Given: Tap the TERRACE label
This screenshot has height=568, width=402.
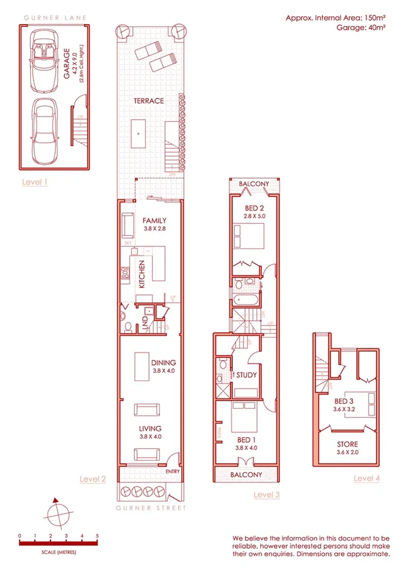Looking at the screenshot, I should pos(148,101).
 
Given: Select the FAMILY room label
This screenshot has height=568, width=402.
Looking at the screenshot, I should pos(154,221).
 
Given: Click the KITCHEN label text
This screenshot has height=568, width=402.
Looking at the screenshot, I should pos(142,275).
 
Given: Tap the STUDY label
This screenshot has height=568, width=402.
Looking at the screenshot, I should pos(246,375).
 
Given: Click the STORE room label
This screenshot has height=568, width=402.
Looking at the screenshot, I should pos(347,444).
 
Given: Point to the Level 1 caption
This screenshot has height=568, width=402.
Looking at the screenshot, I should pos(34,182).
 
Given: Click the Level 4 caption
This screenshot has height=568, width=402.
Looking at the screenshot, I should pos(366,478).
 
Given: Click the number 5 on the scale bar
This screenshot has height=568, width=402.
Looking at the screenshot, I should pos(97,536).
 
